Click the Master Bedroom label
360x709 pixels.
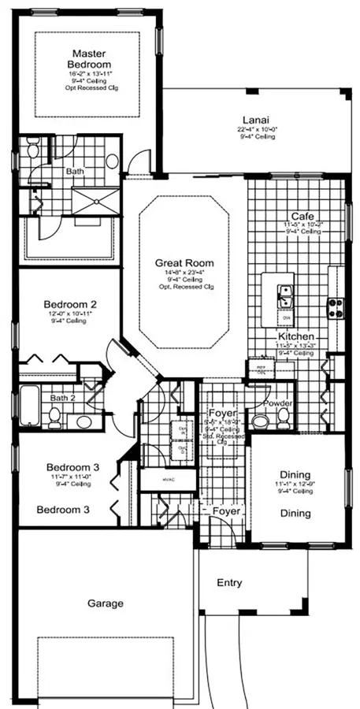coord(89,58)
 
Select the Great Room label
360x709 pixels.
coord(184,263)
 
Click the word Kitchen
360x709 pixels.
coord(295,336)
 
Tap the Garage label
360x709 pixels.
coord(105,603)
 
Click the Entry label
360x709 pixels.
coord(228,584)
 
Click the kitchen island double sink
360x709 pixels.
coord(284,295)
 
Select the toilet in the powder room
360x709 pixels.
coord(261,420)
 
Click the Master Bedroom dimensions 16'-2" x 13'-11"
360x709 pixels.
coord(89,73)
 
